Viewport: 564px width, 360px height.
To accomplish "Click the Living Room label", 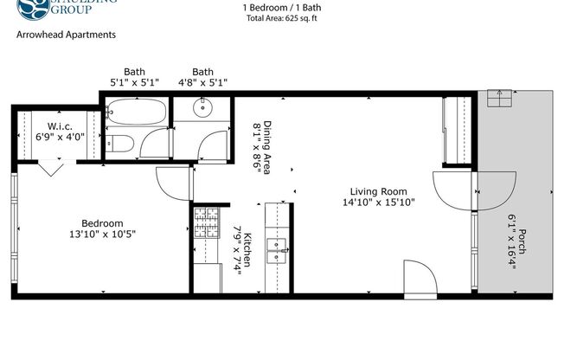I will (378, 191).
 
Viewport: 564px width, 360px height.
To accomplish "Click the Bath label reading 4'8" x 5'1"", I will (203, 72).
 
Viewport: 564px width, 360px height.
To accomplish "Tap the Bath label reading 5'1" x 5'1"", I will (134, 72).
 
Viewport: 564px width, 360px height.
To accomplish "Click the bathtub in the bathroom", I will (136, 112).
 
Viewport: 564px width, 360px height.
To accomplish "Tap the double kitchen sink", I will (278, 248).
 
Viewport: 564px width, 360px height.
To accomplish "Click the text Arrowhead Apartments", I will (66, 36).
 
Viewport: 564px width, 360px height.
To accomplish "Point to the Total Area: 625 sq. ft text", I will (281, 16).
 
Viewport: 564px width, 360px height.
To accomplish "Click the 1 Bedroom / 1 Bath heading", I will (281, 5).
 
